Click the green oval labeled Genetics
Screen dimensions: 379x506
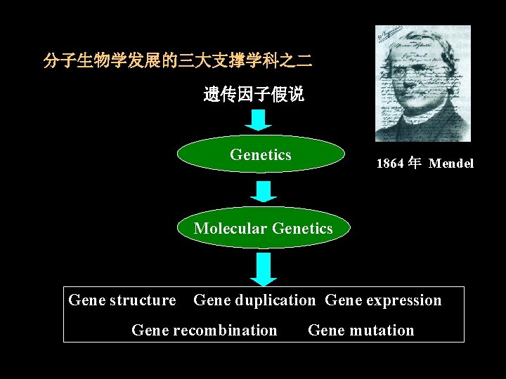tap(261, 154)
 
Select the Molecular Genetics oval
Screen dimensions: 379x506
tap(263, 228)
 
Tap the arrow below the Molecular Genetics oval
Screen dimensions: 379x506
tap(264, 267)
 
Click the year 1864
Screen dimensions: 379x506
tap(391, 164)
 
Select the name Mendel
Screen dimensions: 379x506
tap(451, 164)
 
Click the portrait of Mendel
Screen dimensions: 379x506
tap(422, 84)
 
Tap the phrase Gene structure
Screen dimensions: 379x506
tap(122, 300)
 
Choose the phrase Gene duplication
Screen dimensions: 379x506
tap(254, 300)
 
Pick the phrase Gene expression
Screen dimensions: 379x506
tap(383, 300)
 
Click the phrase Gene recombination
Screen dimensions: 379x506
tap(205, 330)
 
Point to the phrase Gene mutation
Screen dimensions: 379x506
tap(361, 330)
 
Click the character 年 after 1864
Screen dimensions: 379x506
tap(415, 164)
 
